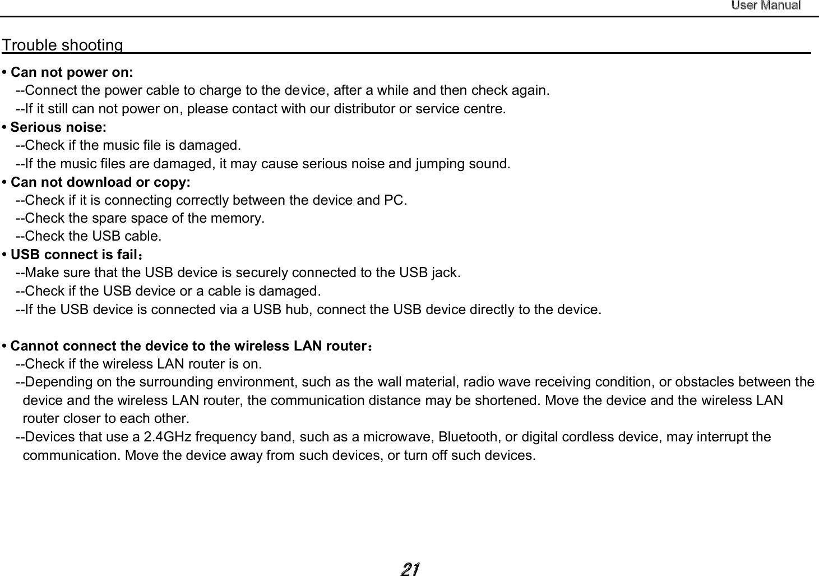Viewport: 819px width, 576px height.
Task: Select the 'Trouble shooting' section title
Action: pos(63,45)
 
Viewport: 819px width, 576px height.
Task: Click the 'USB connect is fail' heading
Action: pos(76,255)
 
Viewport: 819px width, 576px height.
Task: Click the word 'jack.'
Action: pos(446,273)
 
